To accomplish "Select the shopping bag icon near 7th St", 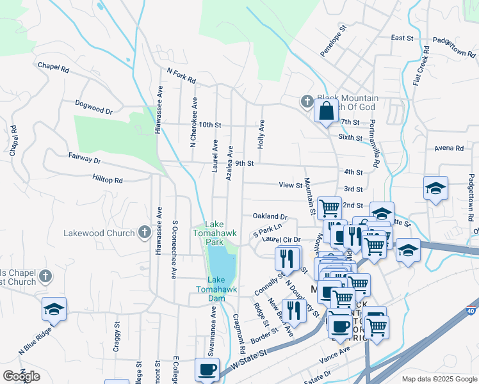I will coord(326,110).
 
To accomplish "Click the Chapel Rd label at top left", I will coord(53,66).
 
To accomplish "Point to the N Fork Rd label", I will coord(181,76).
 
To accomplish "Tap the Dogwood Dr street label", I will coord(93,106).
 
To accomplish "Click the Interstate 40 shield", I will coord(471,364).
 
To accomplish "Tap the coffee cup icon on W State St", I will coord(207,369).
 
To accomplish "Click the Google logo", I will coord(21,376).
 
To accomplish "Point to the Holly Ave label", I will coord(261,134).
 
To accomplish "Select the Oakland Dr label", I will coord(270,217).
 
